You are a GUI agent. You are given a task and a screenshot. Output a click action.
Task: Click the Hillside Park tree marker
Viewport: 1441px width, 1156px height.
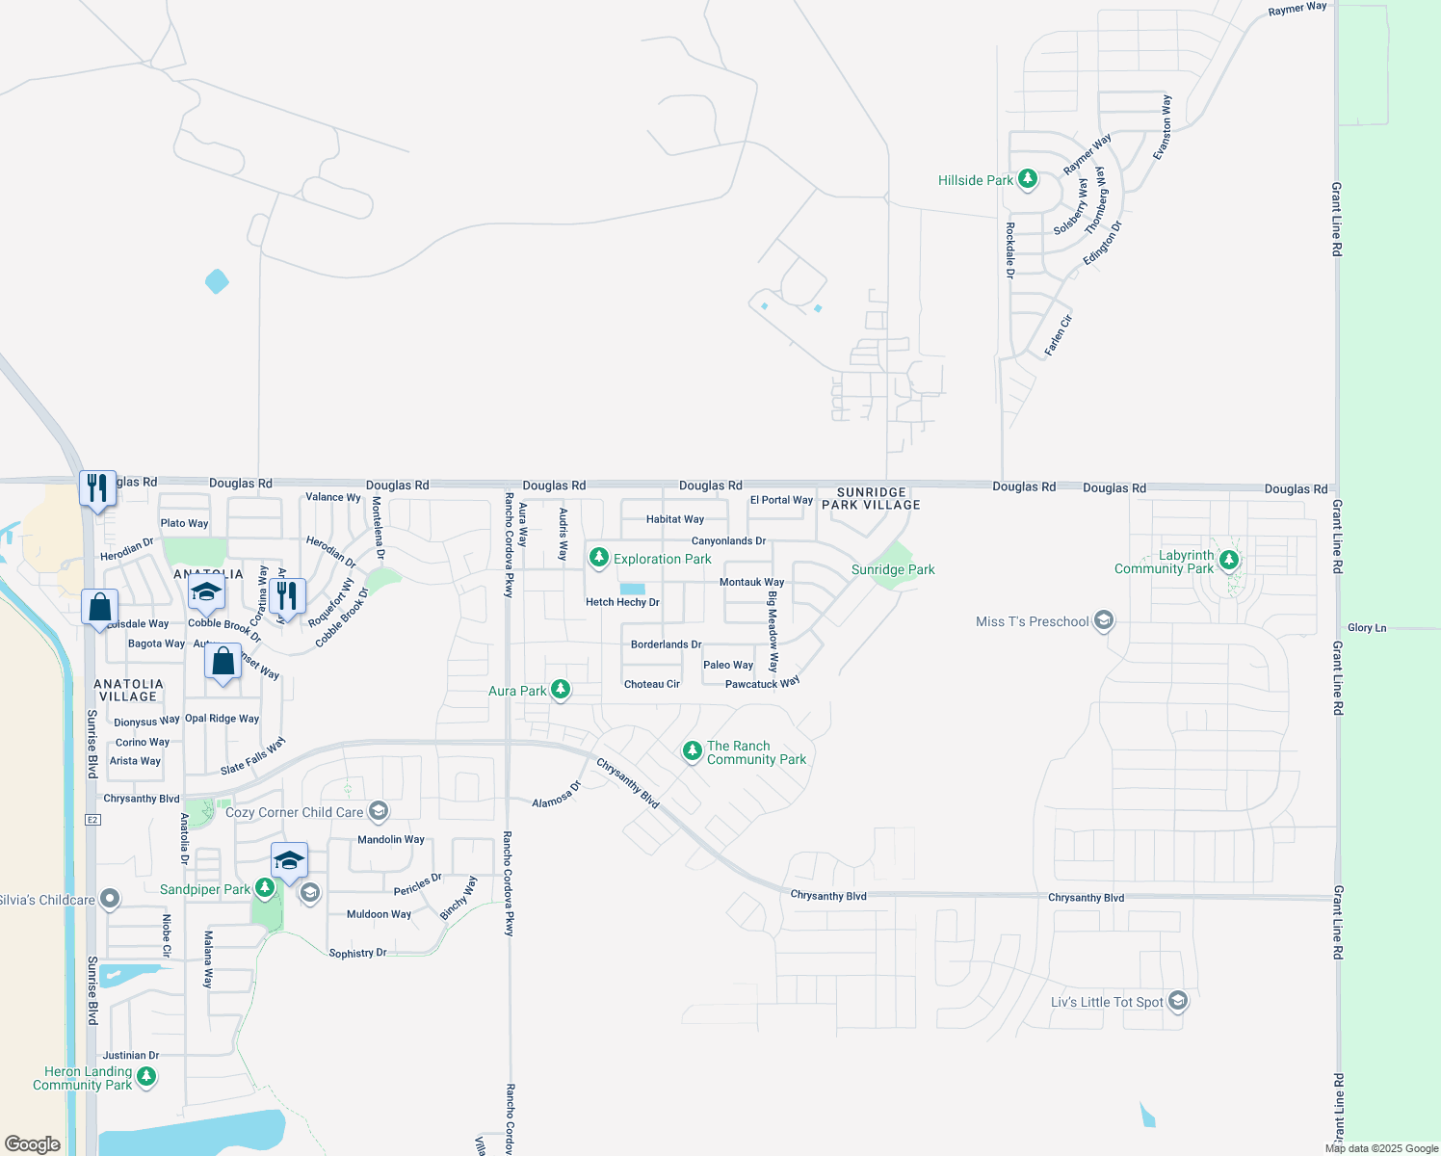(1028, 179)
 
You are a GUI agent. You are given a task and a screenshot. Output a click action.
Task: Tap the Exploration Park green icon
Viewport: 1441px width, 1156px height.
(599, 558)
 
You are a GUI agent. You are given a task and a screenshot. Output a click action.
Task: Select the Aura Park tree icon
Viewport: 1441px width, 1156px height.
(560, 690)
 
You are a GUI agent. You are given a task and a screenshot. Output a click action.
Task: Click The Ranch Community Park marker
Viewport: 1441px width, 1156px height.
(692, 751)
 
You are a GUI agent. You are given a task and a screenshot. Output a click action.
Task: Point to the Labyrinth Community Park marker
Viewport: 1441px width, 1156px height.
(1228, 560)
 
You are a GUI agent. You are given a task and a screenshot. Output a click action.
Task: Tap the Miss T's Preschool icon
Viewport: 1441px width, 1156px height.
(1104, 620)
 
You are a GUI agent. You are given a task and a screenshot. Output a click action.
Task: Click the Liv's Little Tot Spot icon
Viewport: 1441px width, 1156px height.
(1177, 1002)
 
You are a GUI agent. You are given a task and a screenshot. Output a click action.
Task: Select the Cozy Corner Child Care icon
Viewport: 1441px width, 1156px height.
(379, 811)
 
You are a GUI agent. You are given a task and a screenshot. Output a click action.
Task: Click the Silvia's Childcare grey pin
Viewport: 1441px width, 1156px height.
(110, 900)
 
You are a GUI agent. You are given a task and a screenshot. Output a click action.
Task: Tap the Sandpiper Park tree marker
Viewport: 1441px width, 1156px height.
(264, 888)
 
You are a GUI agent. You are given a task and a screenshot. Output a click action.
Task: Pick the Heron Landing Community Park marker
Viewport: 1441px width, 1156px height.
(146, 1077)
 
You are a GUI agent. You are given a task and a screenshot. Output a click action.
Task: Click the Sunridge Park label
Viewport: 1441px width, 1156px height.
(893, 569)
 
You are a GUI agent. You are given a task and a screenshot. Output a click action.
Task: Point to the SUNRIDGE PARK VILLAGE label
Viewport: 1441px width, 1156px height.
(871, 498)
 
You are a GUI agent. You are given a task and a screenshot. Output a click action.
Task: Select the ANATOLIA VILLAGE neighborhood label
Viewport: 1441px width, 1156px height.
(128, 690)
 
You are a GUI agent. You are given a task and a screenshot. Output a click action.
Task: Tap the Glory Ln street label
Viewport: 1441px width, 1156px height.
(1367, 628)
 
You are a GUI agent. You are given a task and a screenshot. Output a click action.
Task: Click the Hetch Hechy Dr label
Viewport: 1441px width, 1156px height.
(622, 602)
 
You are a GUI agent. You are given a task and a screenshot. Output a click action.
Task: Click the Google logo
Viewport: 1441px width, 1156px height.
(33, 1144)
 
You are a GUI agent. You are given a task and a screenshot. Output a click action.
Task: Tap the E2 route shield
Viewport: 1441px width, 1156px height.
(92, 820)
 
